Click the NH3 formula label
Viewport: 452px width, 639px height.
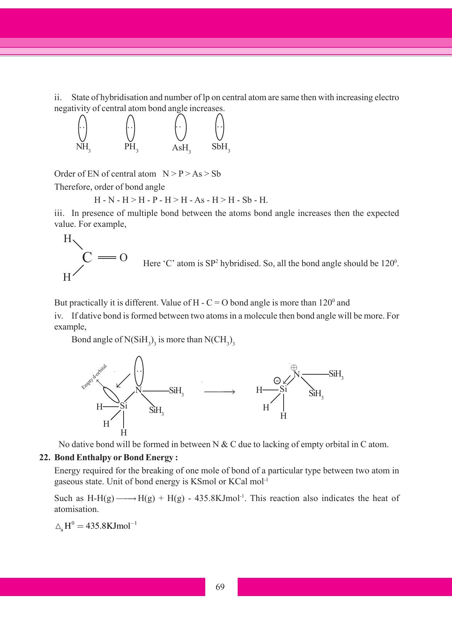(83, 147)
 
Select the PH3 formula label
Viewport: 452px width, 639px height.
(131, 147)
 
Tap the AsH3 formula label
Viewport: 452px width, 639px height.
(181, 149)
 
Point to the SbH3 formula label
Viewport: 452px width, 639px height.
(221, 147)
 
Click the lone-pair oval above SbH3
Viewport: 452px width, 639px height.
(219, 127)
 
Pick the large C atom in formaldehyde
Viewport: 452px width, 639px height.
(87, 257)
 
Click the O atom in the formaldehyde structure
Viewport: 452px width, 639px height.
(124, 258)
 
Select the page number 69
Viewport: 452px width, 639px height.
(220, 587)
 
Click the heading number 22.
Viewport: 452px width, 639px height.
(44, 458)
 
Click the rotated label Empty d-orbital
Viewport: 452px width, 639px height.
(94, 377)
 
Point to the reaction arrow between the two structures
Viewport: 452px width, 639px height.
(219, 392)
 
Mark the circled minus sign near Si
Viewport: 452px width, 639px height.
(277, 380)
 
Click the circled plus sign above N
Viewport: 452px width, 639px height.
(294, 368)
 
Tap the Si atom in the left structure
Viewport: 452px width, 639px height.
(124, 406)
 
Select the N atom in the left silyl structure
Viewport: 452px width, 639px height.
(138, 390)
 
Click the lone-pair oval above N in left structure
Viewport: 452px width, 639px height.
(139, 371)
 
